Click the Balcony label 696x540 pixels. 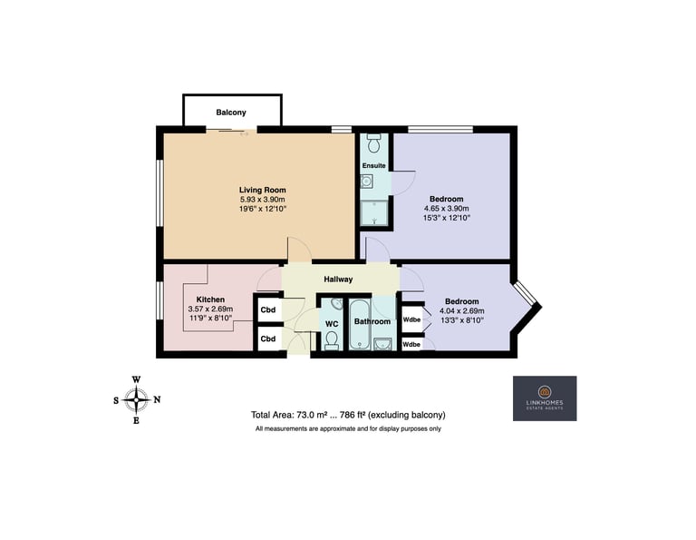tap(231, 113)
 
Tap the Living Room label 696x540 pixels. tap(262, 191)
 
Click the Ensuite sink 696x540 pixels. tap(366, 182)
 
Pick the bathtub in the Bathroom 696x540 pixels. tap(359, 324)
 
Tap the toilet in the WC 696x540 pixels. tap(332, 340)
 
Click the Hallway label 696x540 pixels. tap(338, 280)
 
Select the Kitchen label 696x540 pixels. tap(210, 299)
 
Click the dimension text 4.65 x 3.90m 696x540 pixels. tap(447, 209)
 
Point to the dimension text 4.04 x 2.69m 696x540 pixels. tap(461, 310)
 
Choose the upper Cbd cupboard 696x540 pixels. tap(268, 309)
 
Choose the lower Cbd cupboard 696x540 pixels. tap(268, 339)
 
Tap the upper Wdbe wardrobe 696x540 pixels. tap(412, 319)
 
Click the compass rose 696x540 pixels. tap(136, 400)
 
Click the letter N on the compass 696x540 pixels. tap(157, 399)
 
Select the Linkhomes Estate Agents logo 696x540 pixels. tap(545, 398)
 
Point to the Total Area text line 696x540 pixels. tap(348, 415)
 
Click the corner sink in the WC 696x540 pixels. tap(337, 304)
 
